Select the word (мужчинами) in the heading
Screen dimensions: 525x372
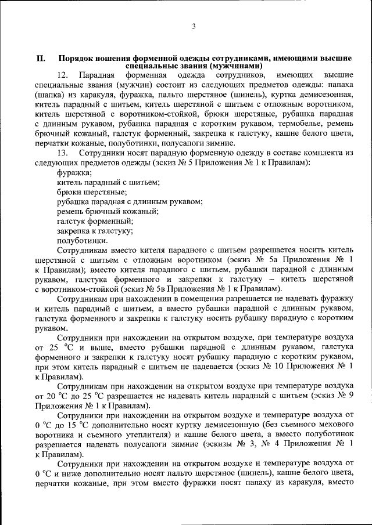(x=231, y=66)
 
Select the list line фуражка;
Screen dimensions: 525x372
(x=74, y=172)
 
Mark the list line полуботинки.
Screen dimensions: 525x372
(x=83, y=240)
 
